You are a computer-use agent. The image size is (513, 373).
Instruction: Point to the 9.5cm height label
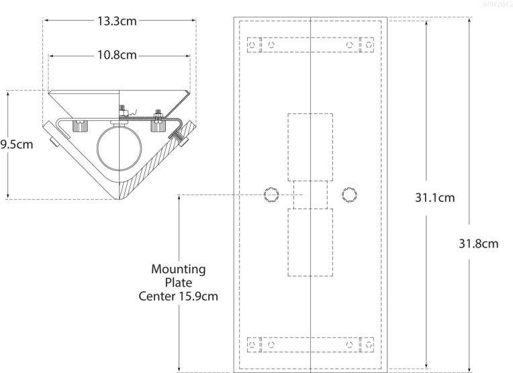pyautogui.click(x=16, y=145)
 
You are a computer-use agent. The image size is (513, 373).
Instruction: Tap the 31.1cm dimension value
pyautogui.click(x=434, y=198)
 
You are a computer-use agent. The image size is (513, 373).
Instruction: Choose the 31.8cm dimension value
pyautogui.click(x=479, y=244)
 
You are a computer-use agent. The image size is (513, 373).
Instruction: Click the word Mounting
pyautogui.click(x=178, y=269)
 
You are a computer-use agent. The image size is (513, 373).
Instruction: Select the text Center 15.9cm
pyautogui.click(x=178, y=296)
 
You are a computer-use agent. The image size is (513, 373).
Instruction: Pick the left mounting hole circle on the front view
pyautogui.click(x=271, y=195)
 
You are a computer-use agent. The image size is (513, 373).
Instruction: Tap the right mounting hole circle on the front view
pyautogui.click(x=349, y=195)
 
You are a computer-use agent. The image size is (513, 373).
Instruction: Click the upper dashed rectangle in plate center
pyautogui.click(x=310, y=147)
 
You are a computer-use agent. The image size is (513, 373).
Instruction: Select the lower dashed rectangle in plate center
pyautogui.click(x=310, y=242)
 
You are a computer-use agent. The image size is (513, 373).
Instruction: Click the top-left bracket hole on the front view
pyautogui.click(x=252, y=45)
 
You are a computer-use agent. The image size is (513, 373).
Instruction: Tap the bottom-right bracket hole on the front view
pyautogui.click(x=368, y=344)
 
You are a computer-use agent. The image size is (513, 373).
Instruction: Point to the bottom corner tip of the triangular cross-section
pyautogui.click(x=121, y=199)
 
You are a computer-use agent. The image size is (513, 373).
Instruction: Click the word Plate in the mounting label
pyautogui.click(x=178, y=282)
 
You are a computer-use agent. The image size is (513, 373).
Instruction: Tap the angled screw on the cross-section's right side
pyautogui.click(x=179, y=140)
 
